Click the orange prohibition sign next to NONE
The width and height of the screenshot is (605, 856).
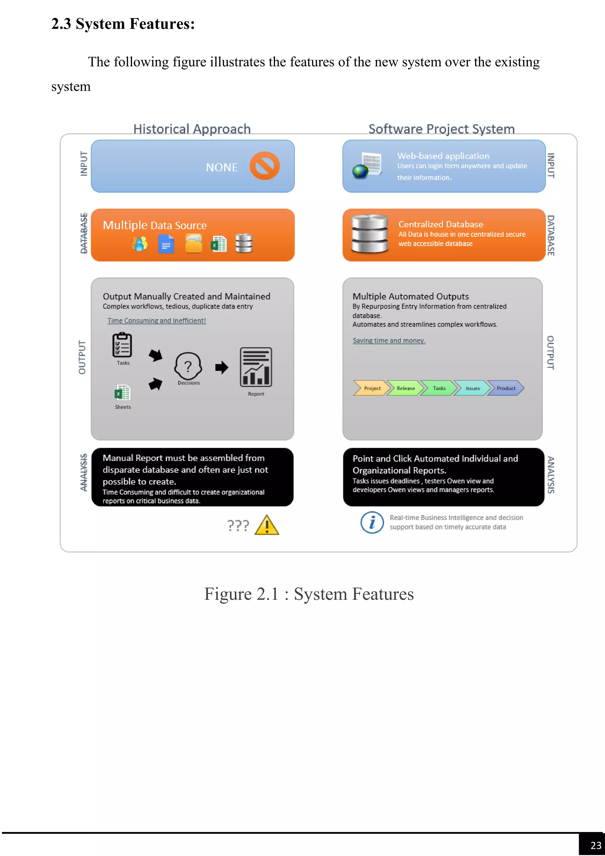tap(264, 166)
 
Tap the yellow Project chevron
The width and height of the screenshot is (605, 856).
tap(371, 388)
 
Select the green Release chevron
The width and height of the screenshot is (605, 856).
tap(405, 388)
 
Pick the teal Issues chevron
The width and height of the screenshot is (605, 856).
tap(472, 388)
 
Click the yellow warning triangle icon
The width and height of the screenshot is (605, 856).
tap(267, 525)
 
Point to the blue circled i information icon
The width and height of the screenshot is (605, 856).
tap(372, 522)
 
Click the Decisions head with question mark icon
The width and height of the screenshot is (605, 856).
tap(188, 366)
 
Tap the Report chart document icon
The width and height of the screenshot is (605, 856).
tap(256, 367)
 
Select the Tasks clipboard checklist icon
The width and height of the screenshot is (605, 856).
tap(122, 345)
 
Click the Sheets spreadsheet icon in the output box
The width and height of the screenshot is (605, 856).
tap(122, 393)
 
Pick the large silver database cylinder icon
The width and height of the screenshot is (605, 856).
tap(370, 234)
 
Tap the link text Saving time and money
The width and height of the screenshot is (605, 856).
tap(389, 341)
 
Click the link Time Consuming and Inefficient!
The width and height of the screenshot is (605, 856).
tap(157, 321)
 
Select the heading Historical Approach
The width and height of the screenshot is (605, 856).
tap(192, 129)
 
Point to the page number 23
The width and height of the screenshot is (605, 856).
tap(596, 845)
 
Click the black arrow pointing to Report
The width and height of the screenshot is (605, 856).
tap(222, 368)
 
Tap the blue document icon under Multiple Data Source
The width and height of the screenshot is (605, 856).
tap(166, 244)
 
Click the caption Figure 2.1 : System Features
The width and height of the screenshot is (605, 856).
tap(309, 594)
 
